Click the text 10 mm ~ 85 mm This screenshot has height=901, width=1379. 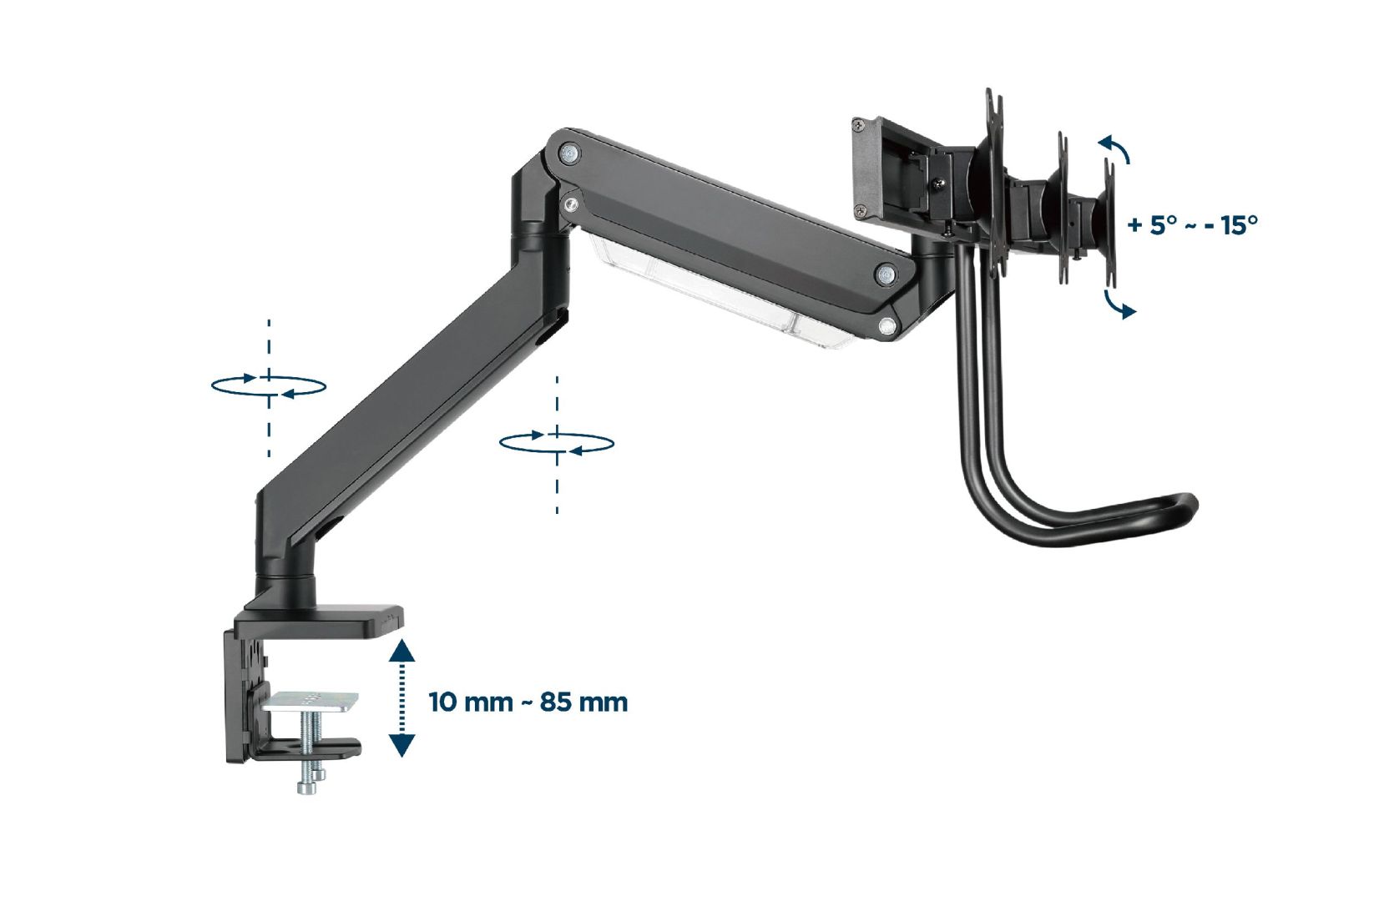point(528,702)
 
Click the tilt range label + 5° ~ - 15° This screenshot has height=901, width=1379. point(1192,225)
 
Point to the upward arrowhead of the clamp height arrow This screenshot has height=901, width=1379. point(402,650)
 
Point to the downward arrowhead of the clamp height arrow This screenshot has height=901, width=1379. point(402,747)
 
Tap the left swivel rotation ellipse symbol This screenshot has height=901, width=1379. point(268,385)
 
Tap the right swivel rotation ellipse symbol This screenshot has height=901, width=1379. point(557,442)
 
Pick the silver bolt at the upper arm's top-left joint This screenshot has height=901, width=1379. point(570,153)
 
